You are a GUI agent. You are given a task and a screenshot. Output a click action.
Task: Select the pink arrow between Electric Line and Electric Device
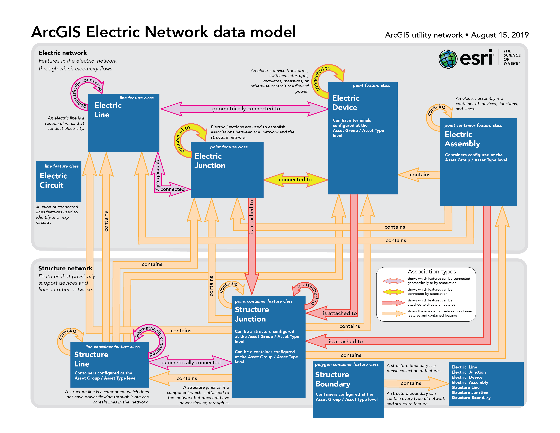[x=244, y=109]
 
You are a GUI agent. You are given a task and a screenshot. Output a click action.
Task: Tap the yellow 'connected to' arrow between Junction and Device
[x=295, y=180]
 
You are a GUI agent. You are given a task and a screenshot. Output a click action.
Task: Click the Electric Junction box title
[x=210, y=161]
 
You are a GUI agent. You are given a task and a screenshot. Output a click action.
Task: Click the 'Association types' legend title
[x=432, y=271]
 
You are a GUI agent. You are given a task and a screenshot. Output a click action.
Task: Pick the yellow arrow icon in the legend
[x=393, y=292]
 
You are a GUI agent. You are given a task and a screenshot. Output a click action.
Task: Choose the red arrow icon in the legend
[x=393, y=303]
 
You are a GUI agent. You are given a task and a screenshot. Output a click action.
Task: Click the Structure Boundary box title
[x=333, y=379]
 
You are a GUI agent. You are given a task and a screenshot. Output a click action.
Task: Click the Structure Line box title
[x=91, y=359]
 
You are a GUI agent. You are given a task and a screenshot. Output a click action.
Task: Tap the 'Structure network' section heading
[x=65, y=268]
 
